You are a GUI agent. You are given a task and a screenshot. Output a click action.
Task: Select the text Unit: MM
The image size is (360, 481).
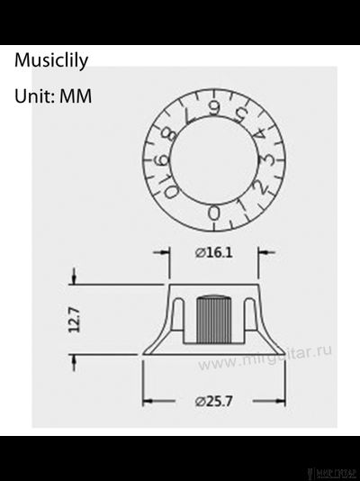(x=53, y=95)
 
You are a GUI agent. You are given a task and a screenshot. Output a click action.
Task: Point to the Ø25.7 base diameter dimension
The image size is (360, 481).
(x=214, y=401)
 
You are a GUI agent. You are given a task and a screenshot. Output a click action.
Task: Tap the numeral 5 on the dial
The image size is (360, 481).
(x=239, y=114)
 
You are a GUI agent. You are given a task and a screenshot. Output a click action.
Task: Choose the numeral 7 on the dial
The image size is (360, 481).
(x=188, y=114)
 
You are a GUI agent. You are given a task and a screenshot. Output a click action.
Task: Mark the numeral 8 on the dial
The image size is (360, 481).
(x=169, y=135)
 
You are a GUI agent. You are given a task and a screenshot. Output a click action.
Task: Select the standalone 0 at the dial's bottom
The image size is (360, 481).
(x=213, y=213)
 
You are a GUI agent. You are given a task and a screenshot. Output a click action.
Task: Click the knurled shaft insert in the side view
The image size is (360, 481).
(x=213, y=321)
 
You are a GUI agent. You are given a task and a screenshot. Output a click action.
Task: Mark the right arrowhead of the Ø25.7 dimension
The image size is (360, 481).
(x=281, y=401)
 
